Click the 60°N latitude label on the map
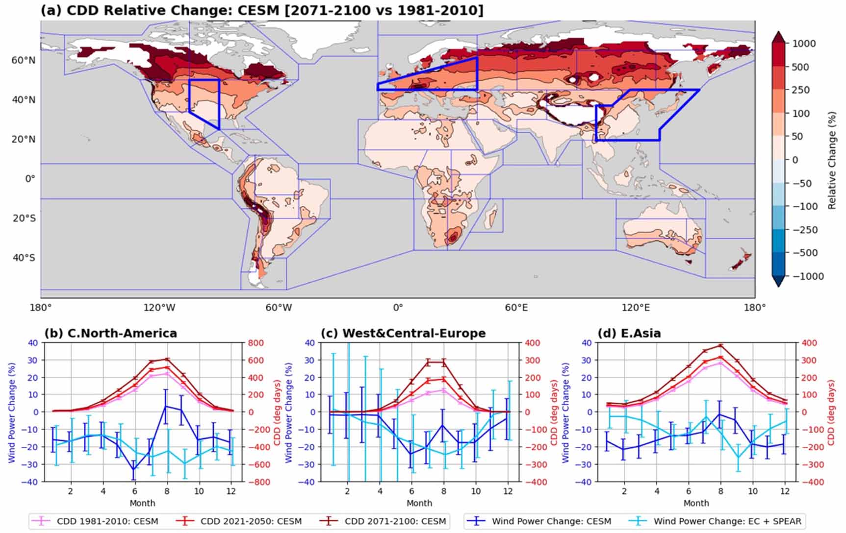24,60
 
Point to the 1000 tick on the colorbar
804,44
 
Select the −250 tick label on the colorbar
804,230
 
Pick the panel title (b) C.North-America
110,334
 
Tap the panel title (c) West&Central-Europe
403,334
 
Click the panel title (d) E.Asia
629,334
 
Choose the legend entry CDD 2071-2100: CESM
395,521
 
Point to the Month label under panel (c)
419,503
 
